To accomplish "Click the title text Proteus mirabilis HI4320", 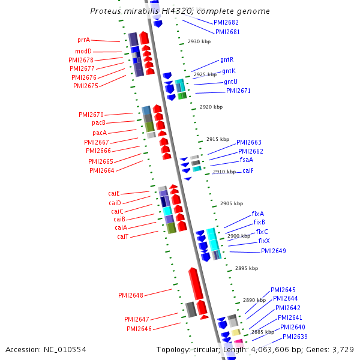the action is (x=180, y=11).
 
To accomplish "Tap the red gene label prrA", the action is (x=84, y=40).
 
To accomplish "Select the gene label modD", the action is (x=83, y=51).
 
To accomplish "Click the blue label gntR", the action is (x=227, y=59).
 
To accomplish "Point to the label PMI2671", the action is (x=238, y=91).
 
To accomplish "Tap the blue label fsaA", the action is (x=246, y=160).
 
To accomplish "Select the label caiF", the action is (x=248, y=170).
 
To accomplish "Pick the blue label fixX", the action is (x=264, y=241).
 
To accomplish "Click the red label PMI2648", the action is (x=130, y=295).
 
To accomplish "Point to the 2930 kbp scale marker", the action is (x=199, y=42).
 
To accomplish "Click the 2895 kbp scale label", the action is (x=247, y=268).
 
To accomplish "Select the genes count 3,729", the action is (x=343, y=349).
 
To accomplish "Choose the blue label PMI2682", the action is (x=226, y=22).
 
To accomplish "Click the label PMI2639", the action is (x=295, y=337).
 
